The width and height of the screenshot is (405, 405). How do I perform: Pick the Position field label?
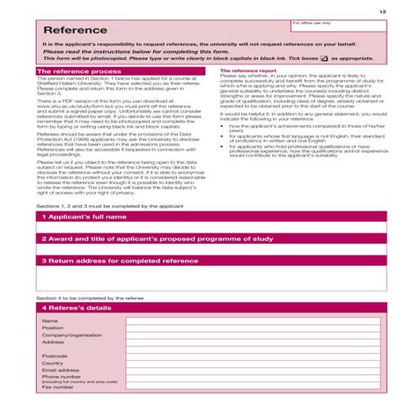52,328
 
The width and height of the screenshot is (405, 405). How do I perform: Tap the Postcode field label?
54,356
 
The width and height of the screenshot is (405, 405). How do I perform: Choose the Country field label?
52,363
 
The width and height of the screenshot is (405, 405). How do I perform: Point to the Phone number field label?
61,376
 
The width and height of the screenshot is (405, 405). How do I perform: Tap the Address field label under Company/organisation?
52,342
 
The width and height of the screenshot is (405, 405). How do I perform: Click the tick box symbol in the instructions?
324,58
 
